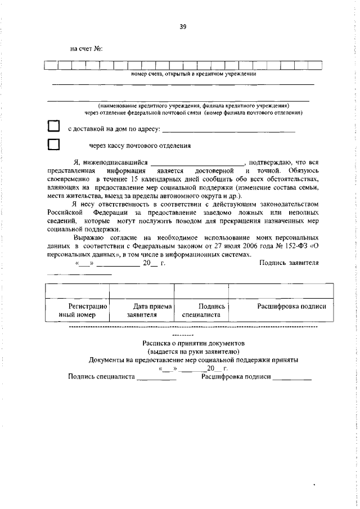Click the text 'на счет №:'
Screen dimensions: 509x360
[x=85, y=49]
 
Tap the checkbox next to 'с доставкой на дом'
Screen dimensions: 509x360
[x=53, y=127]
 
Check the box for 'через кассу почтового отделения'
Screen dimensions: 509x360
[x=53, y=145]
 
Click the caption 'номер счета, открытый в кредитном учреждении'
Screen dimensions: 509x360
[x=193, y=74]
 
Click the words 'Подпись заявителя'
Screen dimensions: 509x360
[x=289, y=263]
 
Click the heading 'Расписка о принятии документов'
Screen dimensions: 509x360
[x=193, y=343]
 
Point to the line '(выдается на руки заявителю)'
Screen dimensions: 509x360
[x=193, y=351]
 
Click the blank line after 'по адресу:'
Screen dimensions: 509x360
[x=228, y=130]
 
